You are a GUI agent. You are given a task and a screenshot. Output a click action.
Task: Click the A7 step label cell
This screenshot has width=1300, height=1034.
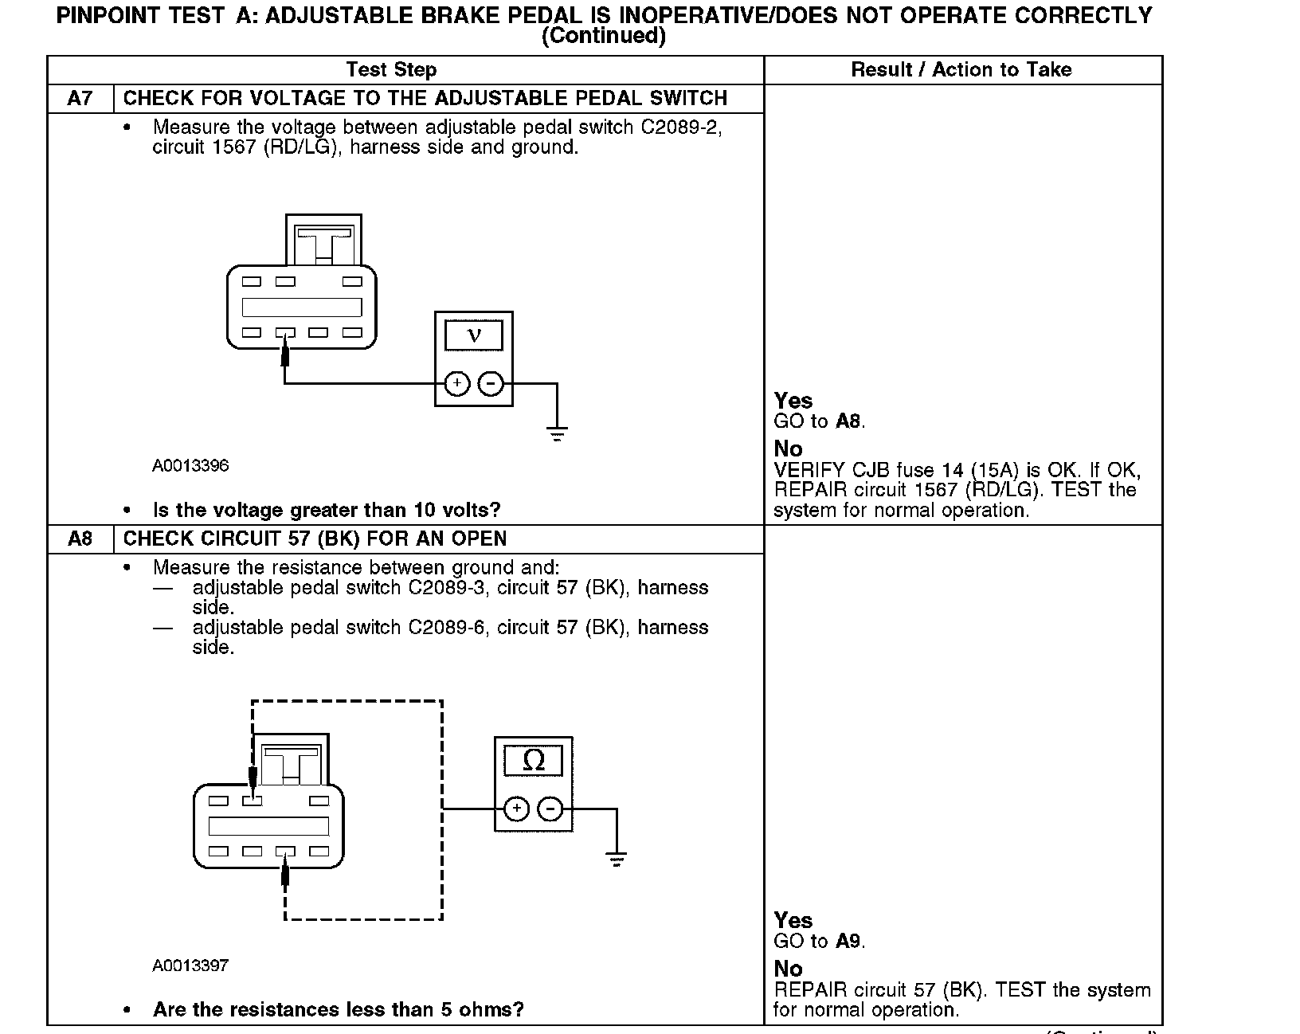(x=80, y=99)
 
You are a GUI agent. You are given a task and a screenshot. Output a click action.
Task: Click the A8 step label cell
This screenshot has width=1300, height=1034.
(x=80, y=539)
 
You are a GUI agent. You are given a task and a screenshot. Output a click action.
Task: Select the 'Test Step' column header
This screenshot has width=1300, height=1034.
(x=391, y=70)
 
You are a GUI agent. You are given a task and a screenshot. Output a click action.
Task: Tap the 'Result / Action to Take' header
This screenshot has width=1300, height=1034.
(x=961, y=70)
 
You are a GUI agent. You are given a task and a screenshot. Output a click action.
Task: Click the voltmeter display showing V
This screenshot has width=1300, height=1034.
(x=474, y=335)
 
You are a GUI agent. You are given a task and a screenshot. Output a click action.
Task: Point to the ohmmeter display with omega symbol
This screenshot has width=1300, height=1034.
(x=534, y=761)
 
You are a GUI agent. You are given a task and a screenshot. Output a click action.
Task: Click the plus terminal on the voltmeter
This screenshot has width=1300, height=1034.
(x=457, y=384)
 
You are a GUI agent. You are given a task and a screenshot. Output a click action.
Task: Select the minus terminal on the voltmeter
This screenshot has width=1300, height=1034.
(x=491, y=384)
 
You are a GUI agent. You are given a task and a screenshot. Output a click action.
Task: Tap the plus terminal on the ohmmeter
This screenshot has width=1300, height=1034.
(x=517, y=809)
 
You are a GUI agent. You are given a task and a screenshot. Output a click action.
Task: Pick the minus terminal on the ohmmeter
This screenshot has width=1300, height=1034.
(x=550, y=809)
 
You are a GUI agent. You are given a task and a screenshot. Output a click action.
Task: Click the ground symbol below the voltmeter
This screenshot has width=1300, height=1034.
(x=557, y=435)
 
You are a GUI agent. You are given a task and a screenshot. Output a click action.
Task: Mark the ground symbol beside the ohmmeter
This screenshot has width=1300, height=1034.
(x=616, y=860)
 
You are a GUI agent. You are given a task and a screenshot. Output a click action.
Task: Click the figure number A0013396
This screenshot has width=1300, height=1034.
(x=190, y=466)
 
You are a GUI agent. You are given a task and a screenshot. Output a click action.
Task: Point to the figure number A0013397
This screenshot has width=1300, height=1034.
(x=190, y=966)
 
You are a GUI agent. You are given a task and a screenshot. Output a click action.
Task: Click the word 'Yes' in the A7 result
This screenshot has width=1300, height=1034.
(x=793, y=401)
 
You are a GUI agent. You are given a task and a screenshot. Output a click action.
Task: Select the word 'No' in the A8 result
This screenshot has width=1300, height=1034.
(x=788, y=969)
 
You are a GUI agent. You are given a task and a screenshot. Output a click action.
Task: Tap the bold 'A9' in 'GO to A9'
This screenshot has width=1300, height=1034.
(x=848, y=942)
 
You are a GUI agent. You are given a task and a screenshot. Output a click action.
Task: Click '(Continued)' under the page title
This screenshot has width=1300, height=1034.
(x=603, y=37)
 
